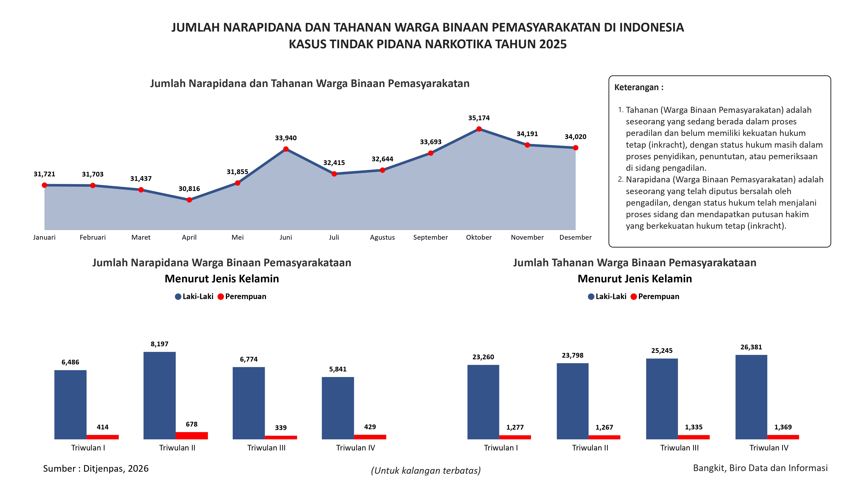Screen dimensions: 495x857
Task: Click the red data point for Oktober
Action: pyautogui.click(x=479, y=129)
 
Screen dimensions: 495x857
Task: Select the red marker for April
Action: pyautogui.click(x=189, y=200)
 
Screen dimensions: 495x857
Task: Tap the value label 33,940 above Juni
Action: pyautogui.click(x=286, y=138)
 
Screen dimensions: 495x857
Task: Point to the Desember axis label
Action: pyautogui.click(x=575, y=237)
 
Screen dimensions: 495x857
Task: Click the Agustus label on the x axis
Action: pyautogui.click(x=382, y=237)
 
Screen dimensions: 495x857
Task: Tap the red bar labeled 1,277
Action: pyautogui.click(x=515, y=437)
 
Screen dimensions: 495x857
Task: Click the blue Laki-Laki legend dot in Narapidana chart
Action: pyautogui.click(x=178, y=297)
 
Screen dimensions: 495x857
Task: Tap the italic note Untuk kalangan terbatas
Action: pyautogui.click(x=426, y=470)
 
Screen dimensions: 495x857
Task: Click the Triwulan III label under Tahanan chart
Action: pyautogui.click(x=679, y=448)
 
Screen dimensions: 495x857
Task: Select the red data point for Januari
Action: pyautogui.click(x=45, y=185)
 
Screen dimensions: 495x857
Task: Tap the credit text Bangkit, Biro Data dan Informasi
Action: pyautogui.click(x=760, y=468)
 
